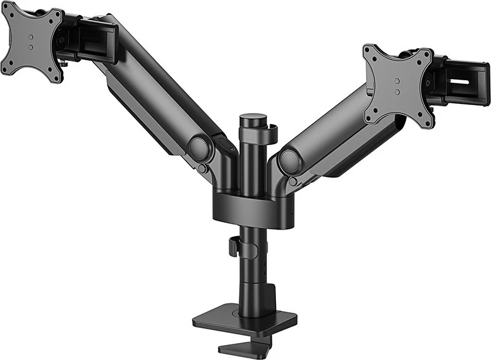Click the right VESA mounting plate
(x=398, y=85)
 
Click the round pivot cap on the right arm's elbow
(x=290, y=160)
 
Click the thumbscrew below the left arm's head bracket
(x=63, y=62)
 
